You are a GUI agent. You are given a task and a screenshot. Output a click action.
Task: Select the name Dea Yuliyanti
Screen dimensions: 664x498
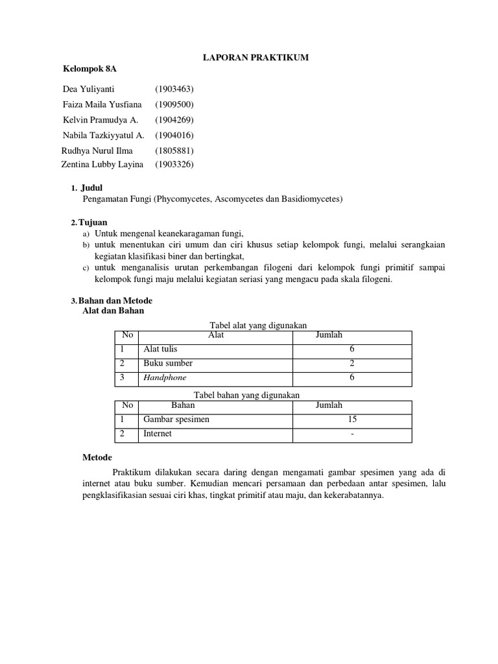(88, 89)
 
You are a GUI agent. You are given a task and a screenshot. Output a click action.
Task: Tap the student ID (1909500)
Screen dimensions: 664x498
(174, 104)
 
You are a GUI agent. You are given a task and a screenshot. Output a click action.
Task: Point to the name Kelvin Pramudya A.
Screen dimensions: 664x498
(101, 120)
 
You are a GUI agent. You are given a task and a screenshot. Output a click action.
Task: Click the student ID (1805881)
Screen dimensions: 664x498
(174, 150)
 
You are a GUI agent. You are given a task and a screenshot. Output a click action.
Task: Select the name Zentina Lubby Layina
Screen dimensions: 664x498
(102, 165)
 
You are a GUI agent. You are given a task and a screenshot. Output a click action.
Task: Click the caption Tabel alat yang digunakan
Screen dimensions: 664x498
(257, 325)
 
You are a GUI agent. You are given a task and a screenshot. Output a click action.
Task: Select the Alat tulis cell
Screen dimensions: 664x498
(160, 350)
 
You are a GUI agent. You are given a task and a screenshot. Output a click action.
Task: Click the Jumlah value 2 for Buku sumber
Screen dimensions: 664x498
(351, 364)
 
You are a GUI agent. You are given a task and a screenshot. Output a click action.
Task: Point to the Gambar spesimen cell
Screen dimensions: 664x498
(176, 420)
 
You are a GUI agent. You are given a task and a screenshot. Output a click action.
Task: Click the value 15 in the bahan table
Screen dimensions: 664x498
(351, 420)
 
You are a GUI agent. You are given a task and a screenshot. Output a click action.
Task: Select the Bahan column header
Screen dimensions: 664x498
(183, 405)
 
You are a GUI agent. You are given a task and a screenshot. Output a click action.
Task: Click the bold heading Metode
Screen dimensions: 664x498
(97, 457)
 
